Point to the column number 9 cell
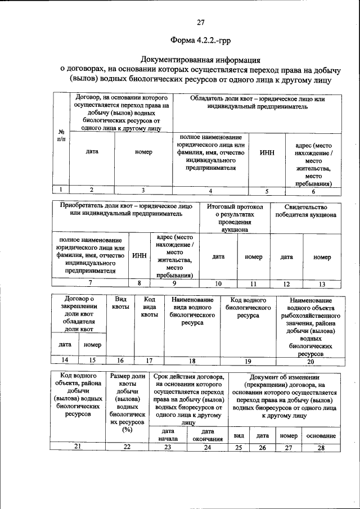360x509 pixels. pos(174,283)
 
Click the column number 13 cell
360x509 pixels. pos(322,283)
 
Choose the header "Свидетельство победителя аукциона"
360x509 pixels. pos(305,211)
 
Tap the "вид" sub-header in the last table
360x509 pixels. pos(238,436)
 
